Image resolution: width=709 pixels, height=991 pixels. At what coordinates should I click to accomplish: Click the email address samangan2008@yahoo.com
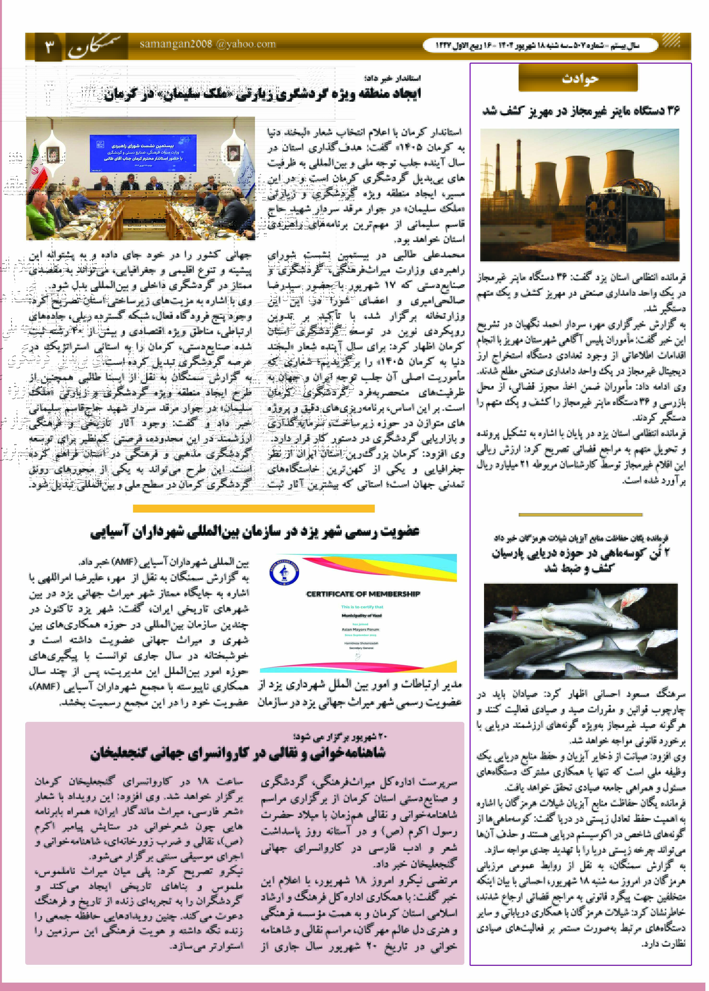208,44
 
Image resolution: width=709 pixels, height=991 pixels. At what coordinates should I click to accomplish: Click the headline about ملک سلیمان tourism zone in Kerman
262,94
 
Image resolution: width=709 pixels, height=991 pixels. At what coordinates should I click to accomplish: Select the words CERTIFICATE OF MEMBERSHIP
363,594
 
